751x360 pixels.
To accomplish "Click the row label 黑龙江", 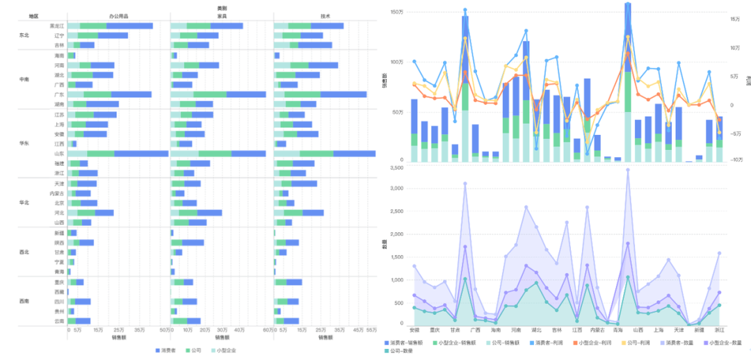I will (x=56, y=26).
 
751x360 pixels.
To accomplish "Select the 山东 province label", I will (x=59, y=153).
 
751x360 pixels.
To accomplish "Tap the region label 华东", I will (x=24, y=143).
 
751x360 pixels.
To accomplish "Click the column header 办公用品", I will (x=118, y=15).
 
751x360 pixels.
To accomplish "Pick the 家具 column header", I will (x=221, y=15).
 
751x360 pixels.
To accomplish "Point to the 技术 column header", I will (x=325, y=15).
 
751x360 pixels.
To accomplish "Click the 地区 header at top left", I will (x=33, y=15).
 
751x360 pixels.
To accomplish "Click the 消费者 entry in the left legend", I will (x=168, y=350).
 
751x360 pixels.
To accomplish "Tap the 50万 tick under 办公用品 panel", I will (x=164, y=330).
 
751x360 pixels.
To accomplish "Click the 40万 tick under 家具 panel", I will (x=240, y=330).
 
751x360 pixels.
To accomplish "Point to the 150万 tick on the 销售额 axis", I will (x=397, y=13).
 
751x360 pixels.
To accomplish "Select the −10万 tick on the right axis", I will (x=736, y=160).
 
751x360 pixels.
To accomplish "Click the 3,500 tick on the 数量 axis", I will (x=396, y=167).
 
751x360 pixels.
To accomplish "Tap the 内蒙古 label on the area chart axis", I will (x=597, y=330).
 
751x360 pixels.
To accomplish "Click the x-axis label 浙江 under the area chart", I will (x=719, y=330).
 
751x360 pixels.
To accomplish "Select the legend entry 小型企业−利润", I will (x=593, y=343).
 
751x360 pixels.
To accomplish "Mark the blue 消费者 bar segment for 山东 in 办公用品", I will (x=141, y=153).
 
